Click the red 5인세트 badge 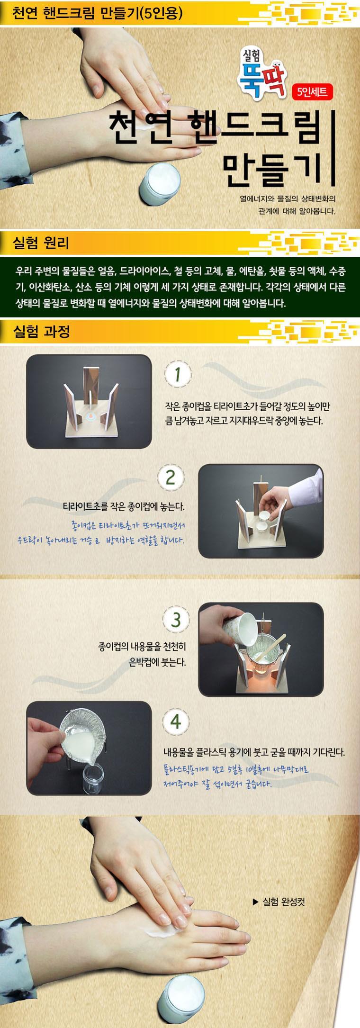point(314,91)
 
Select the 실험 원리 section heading point(43,244)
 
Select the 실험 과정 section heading point(43,331)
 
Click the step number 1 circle point(177,376)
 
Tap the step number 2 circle point(171,478)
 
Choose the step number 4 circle point(176,722)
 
